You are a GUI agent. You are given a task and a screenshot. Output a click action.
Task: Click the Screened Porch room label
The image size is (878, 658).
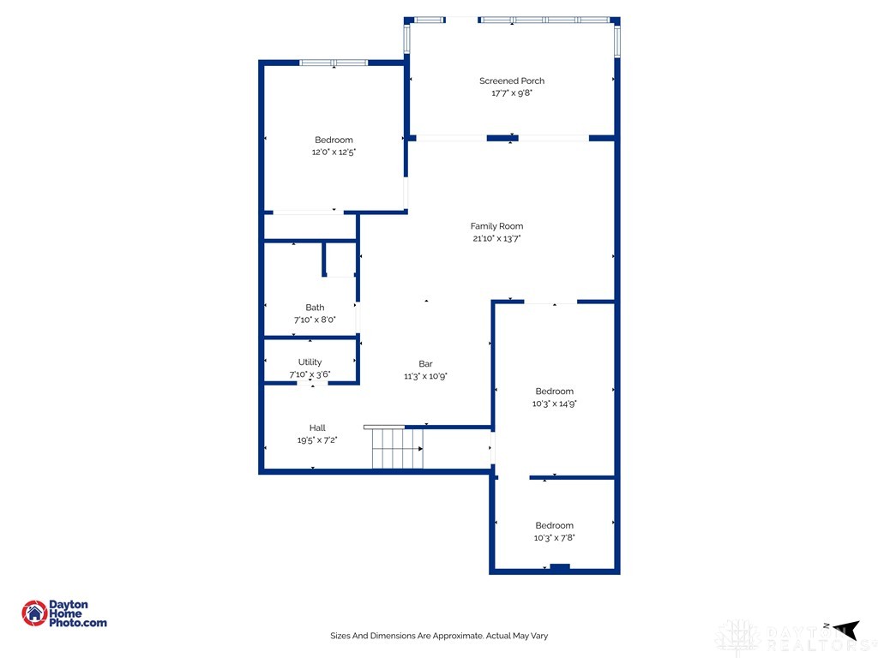(x=511, y=81)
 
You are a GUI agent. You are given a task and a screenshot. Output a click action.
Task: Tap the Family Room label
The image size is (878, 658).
(x=496, y=227)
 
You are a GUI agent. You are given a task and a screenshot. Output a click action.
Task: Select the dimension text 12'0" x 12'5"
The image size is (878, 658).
(x=334, y=153)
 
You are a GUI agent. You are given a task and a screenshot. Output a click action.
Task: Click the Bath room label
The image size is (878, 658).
(x=315, y=308)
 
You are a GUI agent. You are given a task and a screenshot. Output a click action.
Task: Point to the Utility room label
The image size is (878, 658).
(x=310, y=362)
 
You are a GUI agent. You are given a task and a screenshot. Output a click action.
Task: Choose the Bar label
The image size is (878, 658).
(x=425, y=364)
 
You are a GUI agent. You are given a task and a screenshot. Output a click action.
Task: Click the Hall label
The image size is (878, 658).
(x=317, y=428)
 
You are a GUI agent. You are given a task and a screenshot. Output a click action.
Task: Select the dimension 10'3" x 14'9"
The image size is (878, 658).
(x=554, y=404)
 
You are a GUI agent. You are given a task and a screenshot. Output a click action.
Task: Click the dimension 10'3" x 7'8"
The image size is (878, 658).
(x=554, y=538)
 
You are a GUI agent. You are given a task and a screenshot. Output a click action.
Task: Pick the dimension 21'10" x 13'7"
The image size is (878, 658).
(x=496, y=239)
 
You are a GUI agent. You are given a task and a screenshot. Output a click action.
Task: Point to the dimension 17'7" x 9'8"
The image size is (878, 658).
(x=511, y=93)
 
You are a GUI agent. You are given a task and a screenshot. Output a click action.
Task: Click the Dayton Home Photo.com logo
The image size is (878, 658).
(x=64, y=613)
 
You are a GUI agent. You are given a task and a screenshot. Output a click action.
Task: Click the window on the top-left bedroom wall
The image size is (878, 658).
(x=334, y=63)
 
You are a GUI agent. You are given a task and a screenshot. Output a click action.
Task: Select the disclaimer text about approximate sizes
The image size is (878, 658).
(x=439, y=636)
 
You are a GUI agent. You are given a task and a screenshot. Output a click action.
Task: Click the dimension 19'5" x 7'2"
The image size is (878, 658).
(x=317, y=440)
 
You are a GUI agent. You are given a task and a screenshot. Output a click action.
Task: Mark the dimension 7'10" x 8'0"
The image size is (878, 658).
(x=315, y=320)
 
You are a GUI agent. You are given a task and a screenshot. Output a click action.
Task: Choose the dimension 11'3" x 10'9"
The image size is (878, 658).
(x=425, y=376)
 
